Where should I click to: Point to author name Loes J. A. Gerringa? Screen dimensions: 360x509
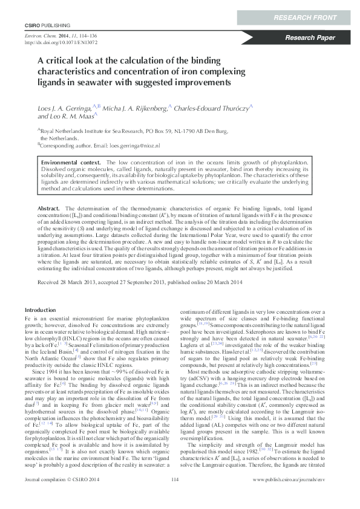[x=64, y=106]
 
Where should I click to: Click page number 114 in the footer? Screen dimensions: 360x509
[x=176, y=496]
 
